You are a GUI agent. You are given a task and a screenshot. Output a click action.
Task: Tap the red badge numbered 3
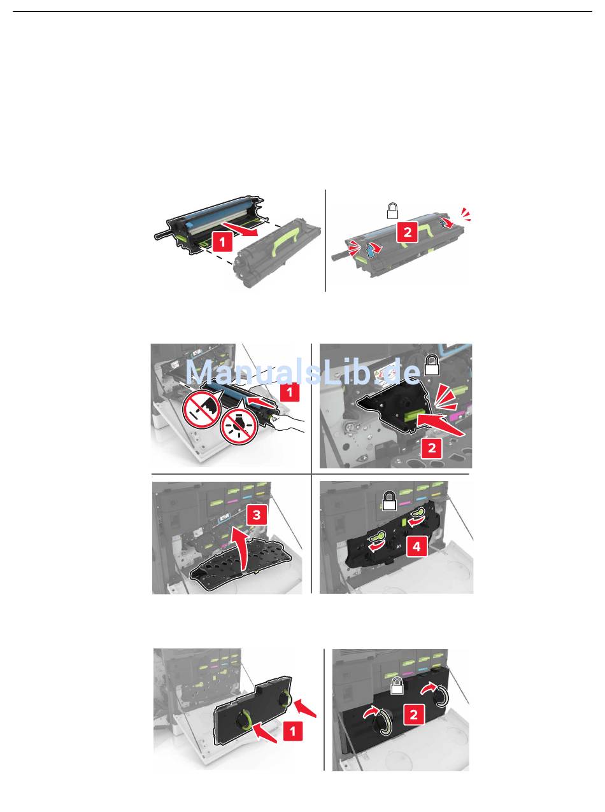pyautogui.click(x=257, y=515)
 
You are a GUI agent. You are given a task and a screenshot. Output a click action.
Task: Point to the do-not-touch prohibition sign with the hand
pyautogui.click(x=201, y=409)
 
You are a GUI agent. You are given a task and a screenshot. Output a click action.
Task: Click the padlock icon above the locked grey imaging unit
pyautogui.click(x=392, y=211)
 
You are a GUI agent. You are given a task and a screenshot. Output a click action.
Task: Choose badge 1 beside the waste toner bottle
pyautogui.click(x=292, y=731)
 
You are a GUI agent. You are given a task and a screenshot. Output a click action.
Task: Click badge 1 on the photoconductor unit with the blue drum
pyautogui.click(x=222, y=242)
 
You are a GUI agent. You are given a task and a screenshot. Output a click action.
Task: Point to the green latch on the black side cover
pyautogui.click(x=413, y=417)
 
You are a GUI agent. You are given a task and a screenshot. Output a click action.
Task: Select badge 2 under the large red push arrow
pyautogui.click(x=432, y=447)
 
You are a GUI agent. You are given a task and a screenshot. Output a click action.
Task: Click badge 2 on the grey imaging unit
pyautogui.click(x=408, y=232)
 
